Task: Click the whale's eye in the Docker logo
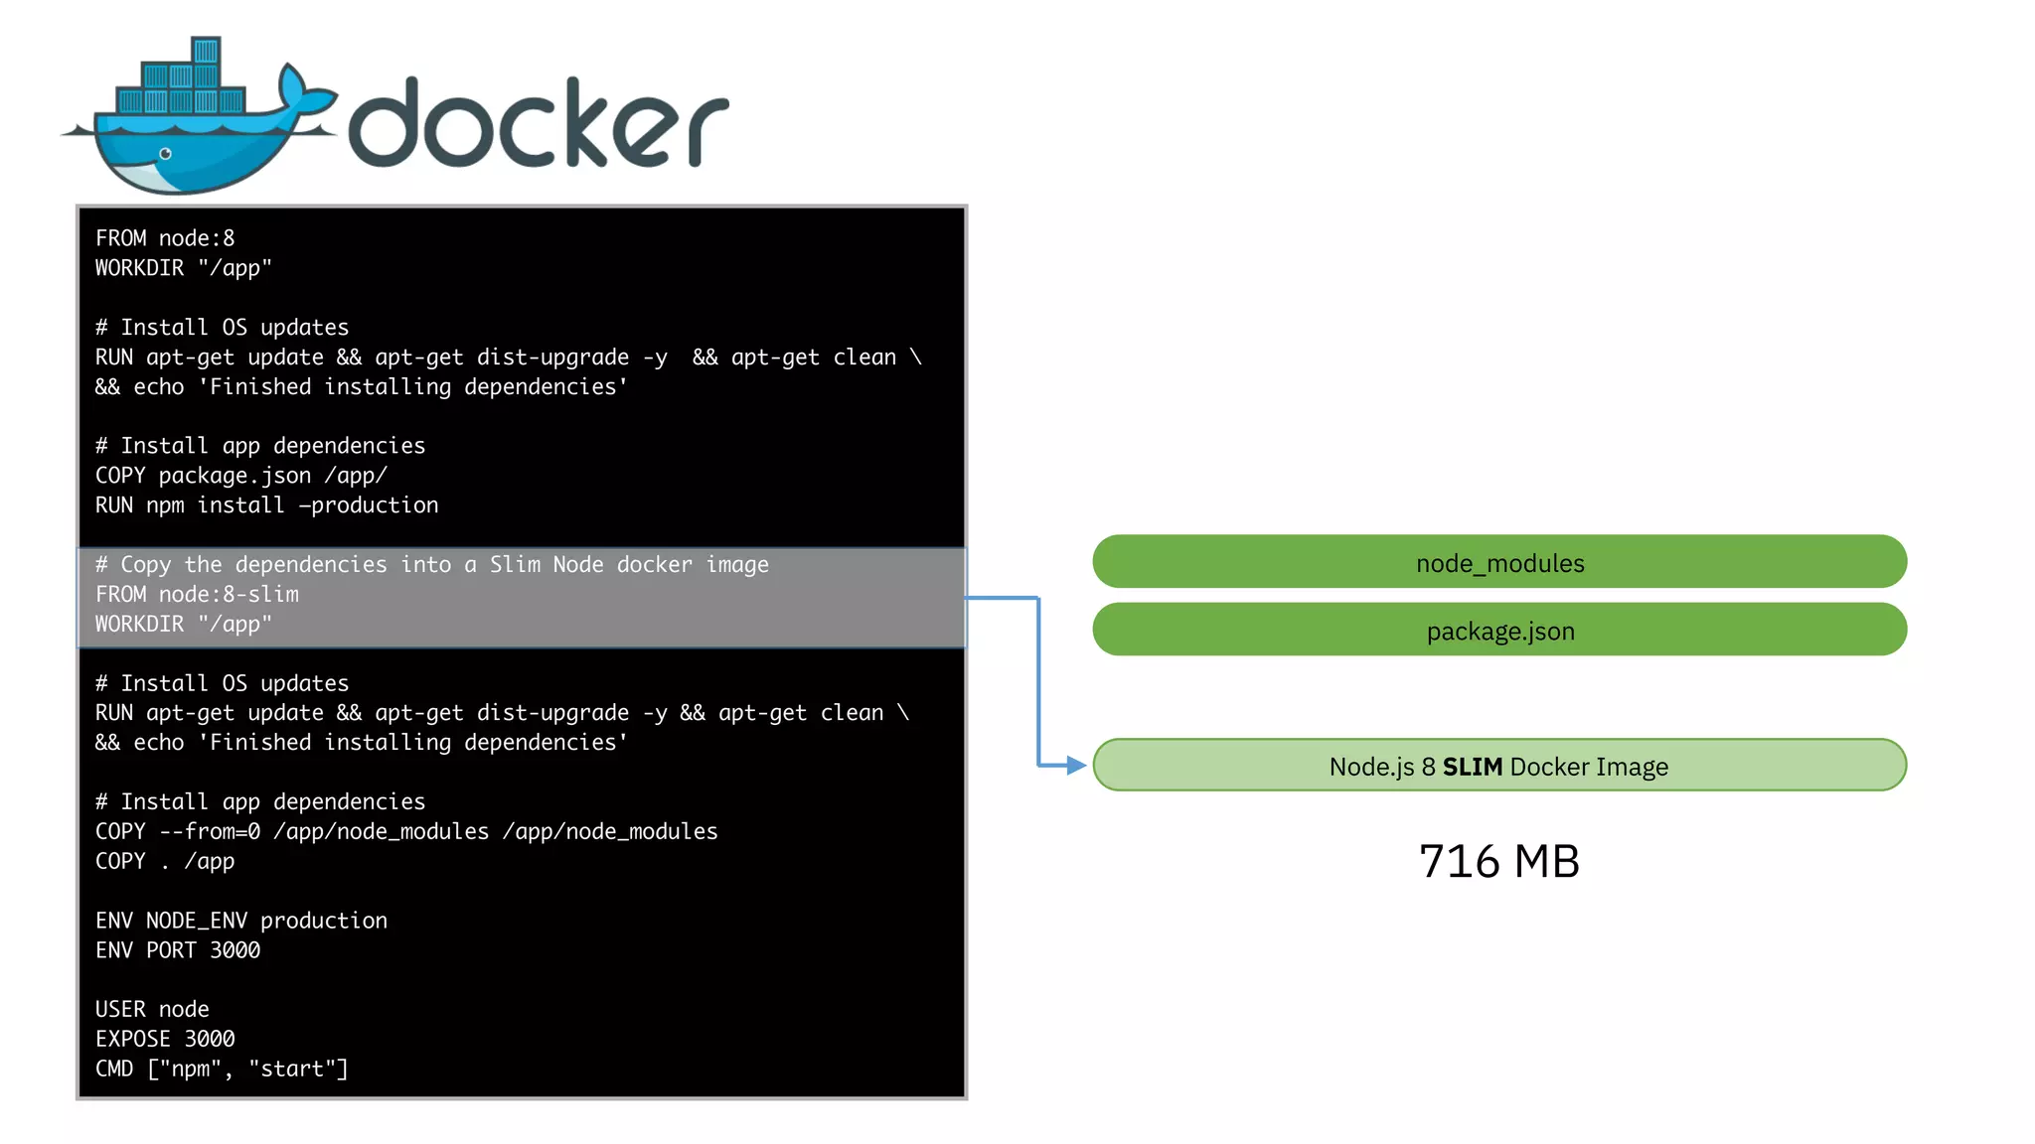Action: coord(166,154)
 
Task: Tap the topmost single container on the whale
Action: coord(206,51)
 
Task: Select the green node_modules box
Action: coord(1498,562)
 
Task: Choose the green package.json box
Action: coord(1498,630)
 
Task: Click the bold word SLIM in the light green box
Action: coord(1472,767)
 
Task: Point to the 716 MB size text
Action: coord(1498,861)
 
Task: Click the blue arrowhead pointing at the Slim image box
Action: coord(1076,766)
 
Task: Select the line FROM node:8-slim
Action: coord(197,594)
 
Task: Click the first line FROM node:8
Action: coord(165,238)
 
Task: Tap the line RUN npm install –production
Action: coord(266,505)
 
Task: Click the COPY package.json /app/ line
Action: coord(240,476)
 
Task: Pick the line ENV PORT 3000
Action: coord(178,950)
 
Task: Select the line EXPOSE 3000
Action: coord(165,1039)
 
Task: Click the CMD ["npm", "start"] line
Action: coord(222,1069)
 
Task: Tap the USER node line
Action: coord(152,1009)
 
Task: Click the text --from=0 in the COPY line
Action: coord(210,831)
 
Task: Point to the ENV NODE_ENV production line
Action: coord(241,921)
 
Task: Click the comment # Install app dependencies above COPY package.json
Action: coord(260,446)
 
